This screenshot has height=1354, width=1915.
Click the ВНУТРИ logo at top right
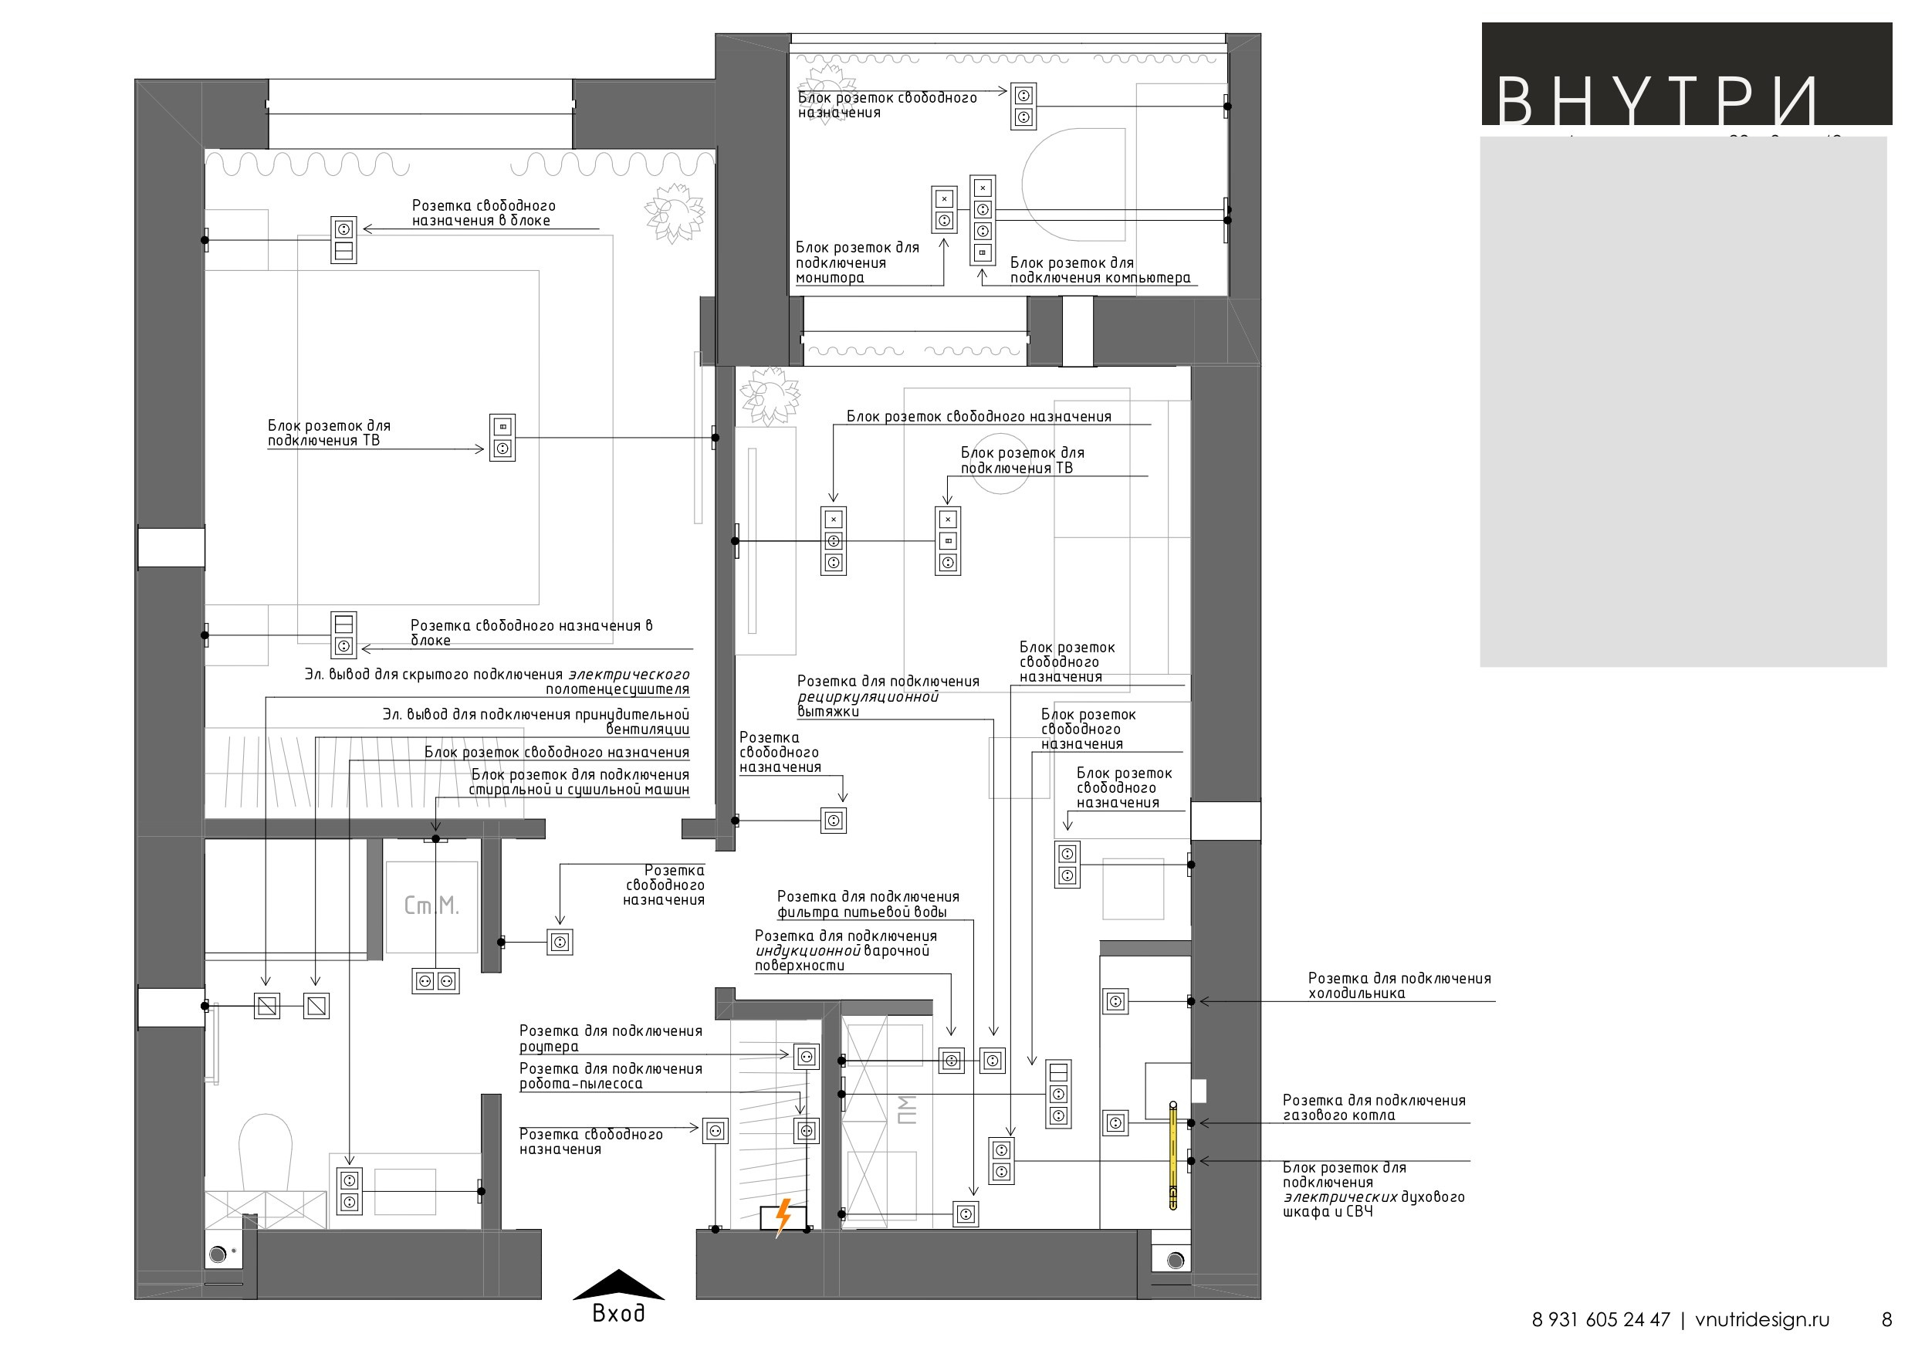coord(1656,100)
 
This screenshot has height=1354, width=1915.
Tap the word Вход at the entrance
coord(618,1313)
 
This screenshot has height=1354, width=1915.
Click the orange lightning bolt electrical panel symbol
coord(783,1218)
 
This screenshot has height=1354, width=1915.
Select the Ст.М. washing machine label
coord(431,906)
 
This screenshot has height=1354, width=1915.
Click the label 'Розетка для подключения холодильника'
coord(1399,985)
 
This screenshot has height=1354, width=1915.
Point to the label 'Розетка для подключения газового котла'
coord(1374,1107)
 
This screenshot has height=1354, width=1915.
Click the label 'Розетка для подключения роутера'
coord(611,1038)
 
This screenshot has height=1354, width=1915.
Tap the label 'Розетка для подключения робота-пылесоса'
coord(611,1076)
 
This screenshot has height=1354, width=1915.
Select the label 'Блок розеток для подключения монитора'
coord(858,262)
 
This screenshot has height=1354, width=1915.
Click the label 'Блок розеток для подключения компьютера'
coord(1100,270)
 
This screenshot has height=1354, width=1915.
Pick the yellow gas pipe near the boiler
coord(1172,1156)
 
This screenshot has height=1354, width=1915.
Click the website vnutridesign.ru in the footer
coord(1762,1320)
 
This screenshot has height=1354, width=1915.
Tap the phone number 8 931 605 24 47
coord(1601,1320)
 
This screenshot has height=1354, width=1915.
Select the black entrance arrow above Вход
coord(618,1285)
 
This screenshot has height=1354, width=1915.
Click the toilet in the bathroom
coord(266,1153)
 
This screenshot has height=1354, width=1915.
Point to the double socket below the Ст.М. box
coord(435,980)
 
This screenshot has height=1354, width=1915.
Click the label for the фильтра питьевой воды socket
coord(868,904)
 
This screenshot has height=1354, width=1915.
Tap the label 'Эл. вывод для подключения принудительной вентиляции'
coord(536,722)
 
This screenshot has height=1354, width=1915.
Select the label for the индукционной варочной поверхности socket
coord(846,950)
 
